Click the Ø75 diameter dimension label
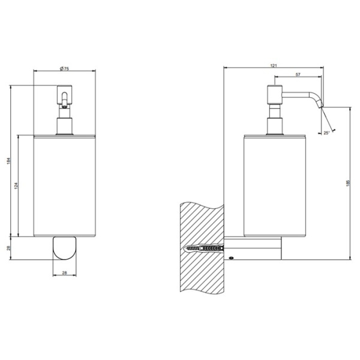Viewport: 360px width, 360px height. (x=65, y=69)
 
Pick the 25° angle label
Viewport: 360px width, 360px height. (x=326, y=133)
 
